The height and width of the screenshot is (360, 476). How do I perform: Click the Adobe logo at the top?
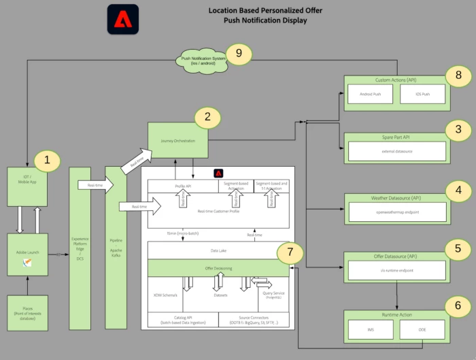click(x=123, y=19)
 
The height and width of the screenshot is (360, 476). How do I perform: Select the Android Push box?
click(x=369, y=94)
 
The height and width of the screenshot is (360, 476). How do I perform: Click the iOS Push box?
click(x=422, y=94)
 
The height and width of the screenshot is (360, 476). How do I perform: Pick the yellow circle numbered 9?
click(x=239, y=54)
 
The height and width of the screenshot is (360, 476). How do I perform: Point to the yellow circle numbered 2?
click(x=208, y=117)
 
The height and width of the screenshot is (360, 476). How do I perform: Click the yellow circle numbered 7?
click(x=290, y=252)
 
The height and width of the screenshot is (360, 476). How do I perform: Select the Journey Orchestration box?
click(x=179, y=141)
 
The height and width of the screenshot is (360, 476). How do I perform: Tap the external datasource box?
click(x=397, y=151)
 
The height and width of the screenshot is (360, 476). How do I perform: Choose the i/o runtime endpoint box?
click(x=397, y=271)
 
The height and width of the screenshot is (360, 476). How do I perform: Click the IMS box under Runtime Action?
click(x=369, y=329)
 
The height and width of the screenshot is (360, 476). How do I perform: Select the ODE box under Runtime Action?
click(x=422, y=329)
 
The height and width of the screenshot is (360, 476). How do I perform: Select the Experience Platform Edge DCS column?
click(x=80, y=248)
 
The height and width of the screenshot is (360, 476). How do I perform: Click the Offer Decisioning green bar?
click(x=218, y=269)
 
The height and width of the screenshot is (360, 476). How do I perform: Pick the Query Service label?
click(x=270, y=295)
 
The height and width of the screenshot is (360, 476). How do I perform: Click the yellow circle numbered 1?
click(x=47, y=161)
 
